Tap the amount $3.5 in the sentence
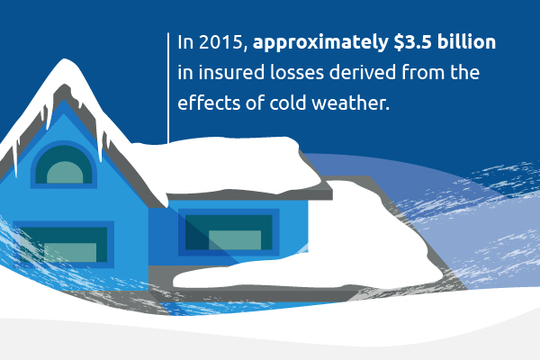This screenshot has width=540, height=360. pyautogui.click(x=412, y=42)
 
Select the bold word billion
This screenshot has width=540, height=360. pyautogui.click(x=466, y=41)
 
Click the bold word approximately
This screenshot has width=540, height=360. pyautogui.click(x=320, y=43)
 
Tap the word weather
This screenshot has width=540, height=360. pyautogui.click(x=351, y=103)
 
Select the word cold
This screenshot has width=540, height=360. pyautogui.click(x=288, y=103)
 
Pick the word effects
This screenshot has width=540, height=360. pyautogui.click(x=209, y=103)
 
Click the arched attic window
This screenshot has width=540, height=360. pyautogui.click(x=64, y=165)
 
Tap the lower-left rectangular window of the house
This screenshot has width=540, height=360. pyautogui.click(x=64, y=245)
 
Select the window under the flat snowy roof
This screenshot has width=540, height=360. pyautogui.click(x=229, y=232)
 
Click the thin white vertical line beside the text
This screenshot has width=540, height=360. pyautogui.click(x=168, y=88)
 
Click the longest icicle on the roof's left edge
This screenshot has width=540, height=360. pyautogui.click(x=14, y=158)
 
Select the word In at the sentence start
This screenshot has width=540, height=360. pyautogui.click(x=185, y=42)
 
